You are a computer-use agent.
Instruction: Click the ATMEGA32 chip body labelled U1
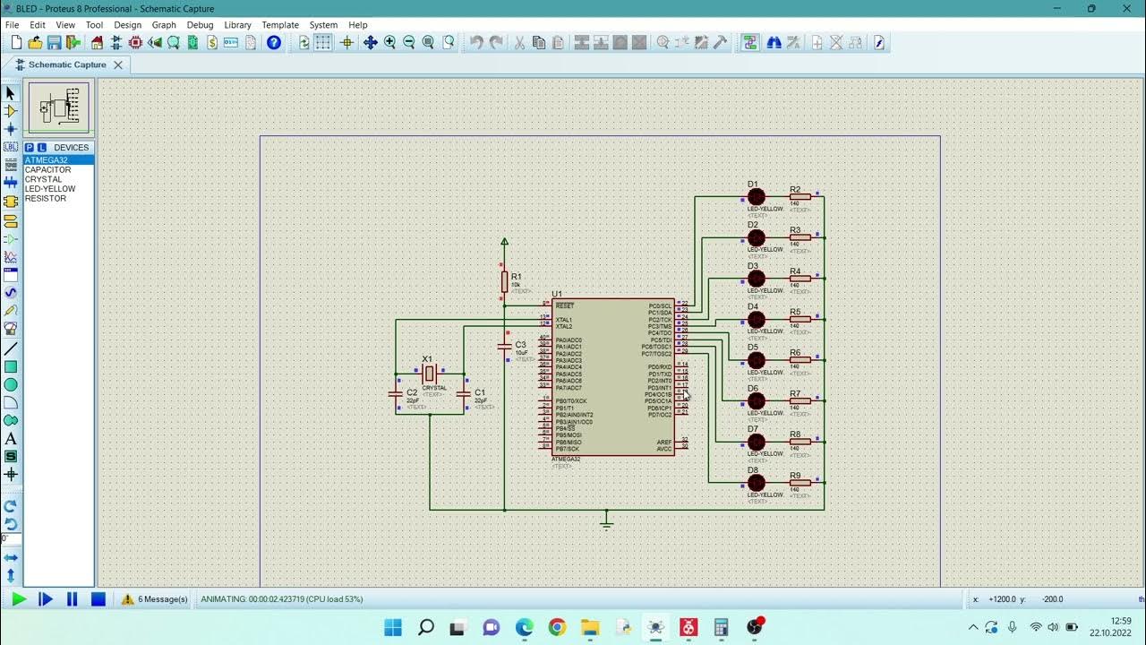tap(613, 376)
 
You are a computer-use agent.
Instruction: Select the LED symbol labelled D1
tap(757, 197)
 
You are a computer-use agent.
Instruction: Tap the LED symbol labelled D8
tap(757, 483)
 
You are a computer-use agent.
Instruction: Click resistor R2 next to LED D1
tap(800, 197)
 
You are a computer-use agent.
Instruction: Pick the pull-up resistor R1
tap(504, 281)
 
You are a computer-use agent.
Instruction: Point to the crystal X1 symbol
tap(430, 374)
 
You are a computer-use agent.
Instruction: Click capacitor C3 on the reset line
tap(504, 346)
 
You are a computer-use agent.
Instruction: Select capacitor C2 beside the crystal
tap(396, 393)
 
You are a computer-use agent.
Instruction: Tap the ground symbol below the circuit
tap(606, 522)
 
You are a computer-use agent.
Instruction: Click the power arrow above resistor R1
tap(504, 242)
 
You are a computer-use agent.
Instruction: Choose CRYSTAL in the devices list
tap(44, 179)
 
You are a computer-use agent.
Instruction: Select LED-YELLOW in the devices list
tap(50, 189)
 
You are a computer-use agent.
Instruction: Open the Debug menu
tap(200, 25)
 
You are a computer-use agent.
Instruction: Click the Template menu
tap(280, 25)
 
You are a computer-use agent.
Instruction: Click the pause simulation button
tap(73, 599)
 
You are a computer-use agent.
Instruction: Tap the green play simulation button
tap(19, 599)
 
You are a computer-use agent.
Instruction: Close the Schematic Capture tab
tap(118, 64)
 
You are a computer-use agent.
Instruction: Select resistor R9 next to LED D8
tap(800, 483)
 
